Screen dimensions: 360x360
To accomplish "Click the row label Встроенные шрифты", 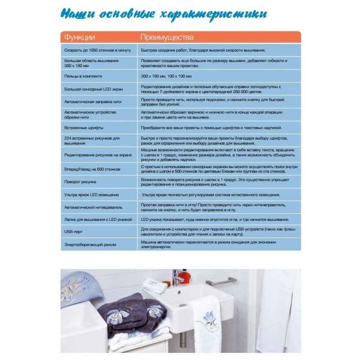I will pyautogui.click(x=83, y=128).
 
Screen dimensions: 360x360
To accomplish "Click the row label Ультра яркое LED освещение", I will pyautogui.click(x=92, y=194).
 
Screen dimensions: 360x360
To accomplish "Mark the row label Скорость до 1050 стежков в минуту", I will pyautogui.click(x=97, y=50).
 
